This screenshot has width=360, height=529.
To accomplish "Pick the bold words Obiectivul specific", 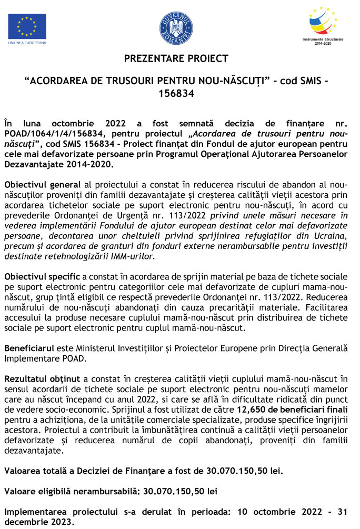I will (x=43, y=276).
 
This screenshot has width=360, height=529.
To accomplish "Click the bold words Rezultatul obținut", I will (x=42, y=378).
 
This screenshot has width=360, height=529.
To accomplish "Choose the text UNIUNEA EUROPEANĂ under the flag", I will (x=27, y=42).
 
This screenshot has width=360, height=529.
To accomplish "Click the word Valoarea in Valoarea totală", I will (x=23, y=471).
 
